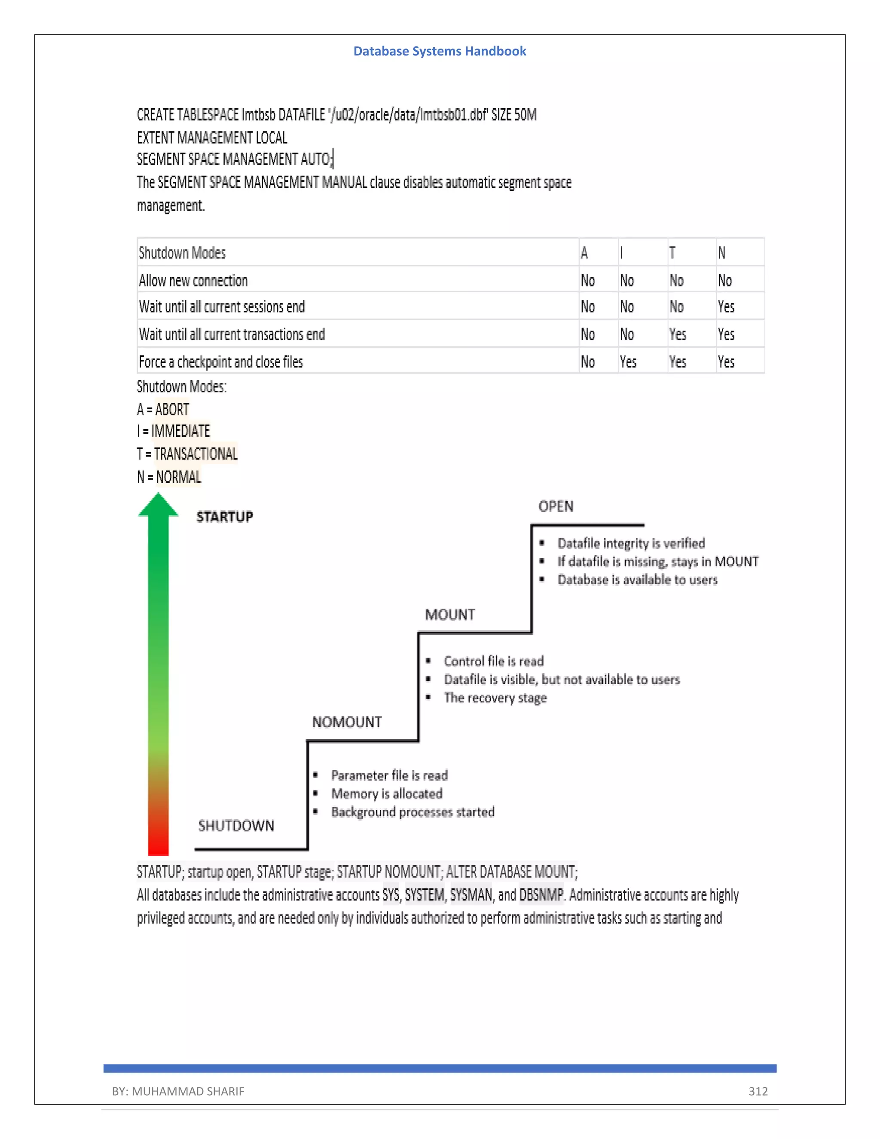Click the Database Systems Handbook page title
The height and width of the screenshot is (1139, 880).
point(440,51)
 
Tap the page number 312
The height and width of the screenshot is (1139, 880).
point(758,1091)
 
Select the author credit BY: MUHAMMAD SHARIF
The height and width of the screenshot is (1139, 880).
point(178,1091)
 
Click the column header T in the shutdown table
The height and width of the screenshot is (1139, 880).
point(672,253)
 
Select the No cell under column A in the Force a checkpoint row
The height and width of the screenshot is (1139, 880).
point(587,362)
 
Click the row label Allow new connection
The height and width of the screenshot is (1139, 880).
point(193,281)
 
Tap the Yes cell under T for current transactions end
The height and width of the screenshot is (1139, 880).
point(677,334)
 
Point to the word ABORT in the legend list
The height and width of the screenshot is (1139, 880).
point(172,409)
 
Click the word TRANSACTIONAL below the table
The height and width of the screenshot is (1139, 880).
point(196,454)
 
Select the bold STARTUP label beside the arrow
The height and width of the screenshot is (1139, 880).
point(225,517)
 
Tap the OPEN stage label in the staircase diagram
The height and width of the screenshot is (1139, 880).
point(556,506)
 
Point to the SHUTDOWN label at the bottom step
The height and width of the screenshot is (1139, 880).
point(236,826)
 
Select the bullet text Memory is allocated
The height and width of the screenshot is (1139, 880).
point(386,794)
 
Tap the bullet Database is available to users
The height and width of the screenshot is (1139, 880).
point(637,580)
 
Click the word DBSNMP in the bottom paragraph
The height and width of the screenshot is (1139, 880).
point(541,895)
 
